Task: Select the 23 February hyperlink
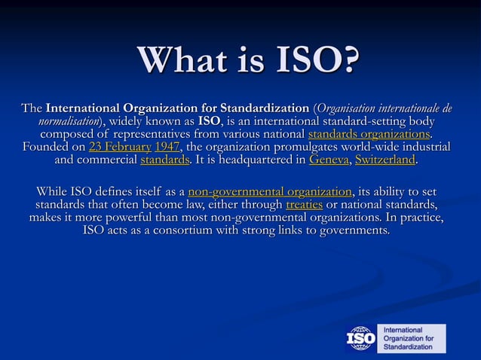pos(120,147)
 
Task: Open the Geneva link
pos(329,160)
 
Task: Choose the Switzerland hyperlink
pos(385,160)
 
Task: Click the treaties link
pos(304,205)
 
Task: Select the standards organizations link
pos(370,134)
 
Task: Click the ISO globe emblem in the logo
pos(360,338)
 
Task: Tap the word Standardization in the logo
pos(409,347)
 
